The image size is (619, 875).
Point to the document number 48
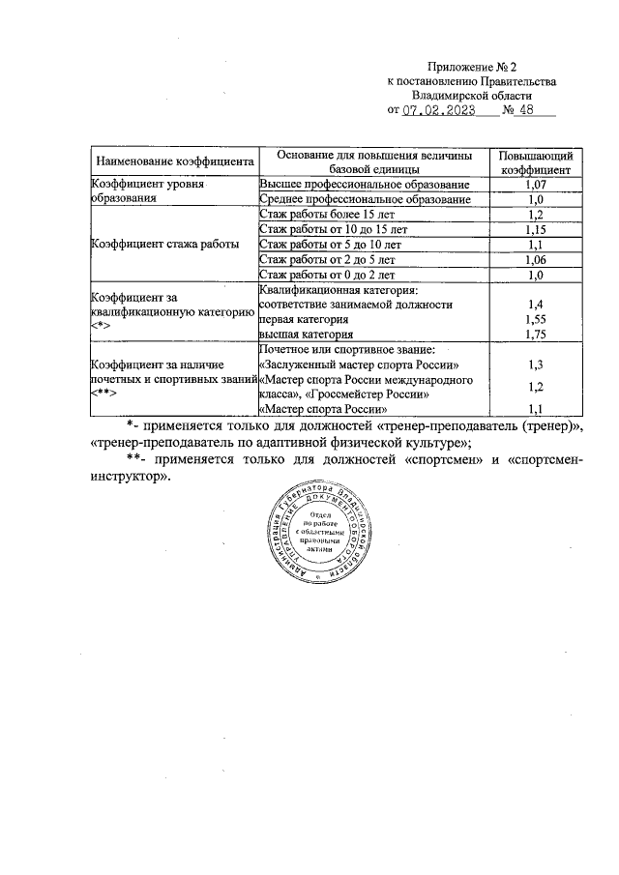528,111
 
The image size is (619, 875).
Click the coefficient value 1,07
534,184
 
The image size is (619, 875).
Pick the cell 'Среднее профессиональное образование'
366,199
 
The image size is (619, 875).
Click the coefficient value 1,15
534,230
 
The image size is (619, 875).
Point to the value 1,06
534,260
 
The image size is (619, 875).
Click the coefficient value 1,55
534,319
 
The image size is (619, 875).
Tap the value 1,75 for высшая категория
534,335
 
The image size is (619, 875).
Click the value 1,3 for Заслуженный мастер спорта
534,365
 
